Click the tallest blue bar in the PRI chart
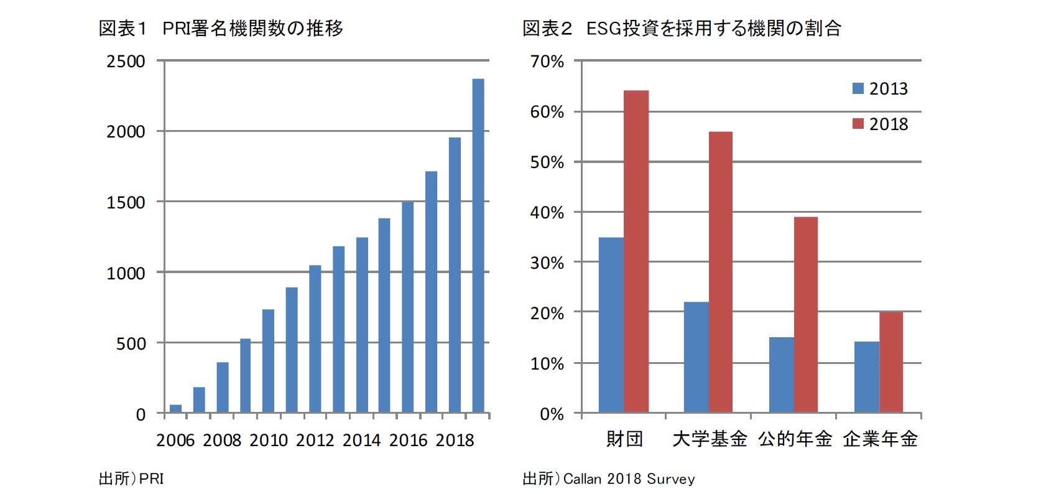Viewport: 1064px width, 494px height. (478, 246)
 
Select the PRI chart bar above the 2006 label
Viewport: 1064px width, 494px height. (176, 408)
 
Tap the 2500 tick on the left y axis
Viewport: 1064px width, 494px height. (126, 61)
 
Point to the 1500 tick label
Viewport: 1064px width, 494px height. (126, 202)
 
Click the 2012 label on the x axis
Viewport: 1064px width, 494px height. (315, 440)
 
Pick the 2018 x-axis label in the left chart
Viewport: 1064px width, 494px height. (455, 440)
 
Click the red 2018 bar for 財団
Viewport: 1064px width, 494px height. (636, 251)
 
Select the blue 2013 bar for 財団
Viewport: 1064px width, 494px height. (611, 325)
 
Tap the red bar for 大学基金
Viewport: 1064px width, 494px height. (720, 272)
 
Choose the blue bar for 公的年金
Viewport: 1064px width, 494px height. (781, 375)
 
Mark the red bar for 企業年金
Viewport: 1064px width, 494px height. (891, 362)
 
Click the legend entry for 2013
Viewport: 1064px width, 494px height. (880, 89)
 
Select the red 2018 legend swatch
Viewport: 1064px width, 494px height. (858, 124)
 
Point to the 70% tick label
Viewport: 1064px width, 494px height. (547, 62)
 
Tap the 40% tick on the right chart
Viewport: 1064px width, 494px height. (547, 213)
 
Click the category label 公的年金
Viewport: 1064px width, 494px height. (795, 439)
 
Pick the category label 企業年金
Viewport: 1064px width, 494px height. (880, 439)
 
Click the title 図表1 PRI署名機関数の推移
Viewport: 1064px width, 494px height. (221, 29)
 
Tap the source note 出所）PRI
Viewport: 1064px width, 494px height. (131, 478)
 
